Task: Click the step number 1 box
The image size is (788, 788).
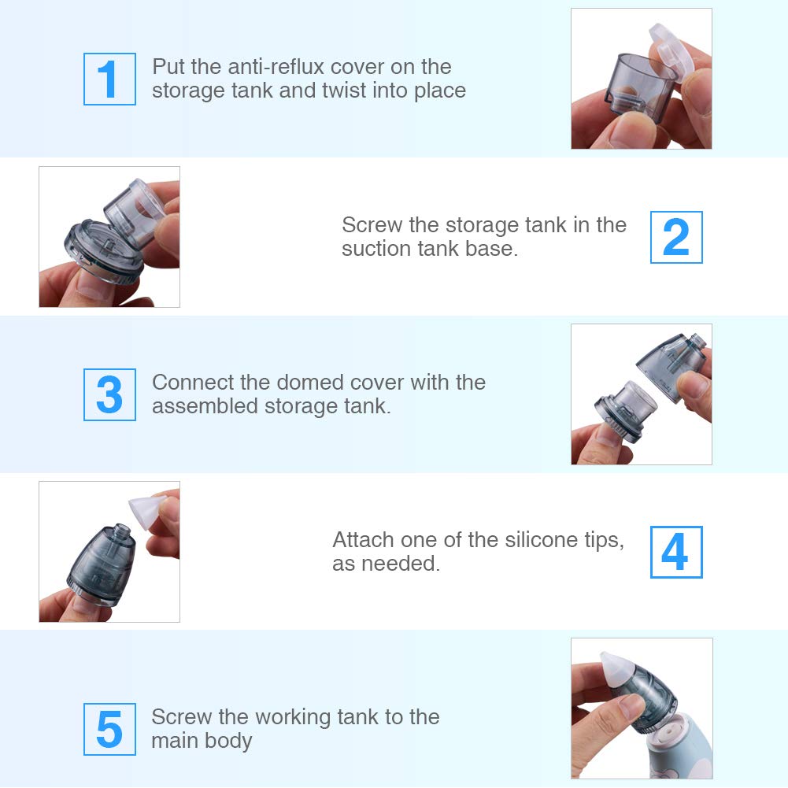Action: [109, 79]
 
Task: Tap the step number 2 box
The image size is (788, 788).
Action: [676, 237]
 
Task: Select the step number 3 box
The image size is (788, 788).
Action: [109, 394]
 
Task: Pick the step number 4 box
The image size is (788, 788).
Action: [676, 552]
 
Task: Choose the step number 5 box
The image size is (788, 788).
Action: [109, 729]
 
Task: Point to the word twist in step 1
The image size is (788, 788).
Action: [344, 91]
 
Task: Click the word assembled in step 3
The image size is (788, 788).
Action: [205, 406]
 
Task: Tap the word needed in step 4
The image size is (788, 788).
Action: [401, 564]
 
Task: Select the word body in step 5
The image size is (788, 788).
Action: [230, 741]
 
